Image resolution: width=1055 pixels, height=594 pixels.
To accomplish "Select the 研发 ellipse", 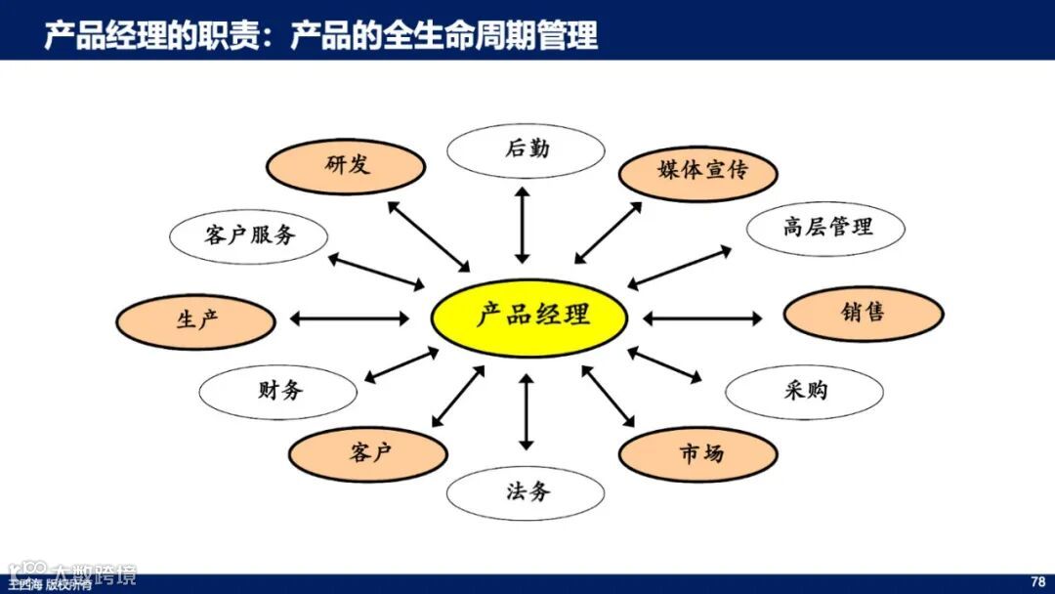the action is click(x=347, y=165).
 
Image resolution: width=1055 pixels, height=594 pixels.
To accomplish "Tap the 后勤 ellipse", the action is click(x=527, y=150).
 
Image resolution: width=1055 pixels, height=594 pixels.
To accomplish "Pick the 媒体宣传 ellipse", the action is click(x=698, y=171).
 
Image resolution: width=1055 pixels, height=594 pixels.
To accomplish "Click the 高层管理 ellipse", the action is click(x=826, y=228).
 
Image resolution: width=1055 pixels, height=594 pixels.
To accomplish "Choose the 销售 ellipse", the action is click(x=863, y=313).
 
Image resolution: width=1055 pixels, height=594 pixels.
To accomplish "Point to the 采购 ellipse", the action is click(x=804, y=391).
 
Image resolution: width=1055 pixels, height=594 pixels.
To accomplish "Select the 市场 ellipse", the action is click(x=698, y=453).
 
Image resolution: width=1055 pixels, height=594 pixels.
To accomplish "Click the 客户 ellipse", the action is click(x=368, y=453).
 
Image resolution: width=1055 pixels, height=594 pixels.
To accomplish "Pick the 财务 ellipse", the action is click(x=279, y=391).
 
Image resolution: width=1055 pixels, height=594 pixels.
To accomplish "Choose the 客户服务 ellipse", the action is click(x=249, y=234).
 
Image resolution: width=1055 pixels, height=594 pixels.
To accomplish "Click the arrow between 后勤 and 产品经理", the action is click(x=523, y=225).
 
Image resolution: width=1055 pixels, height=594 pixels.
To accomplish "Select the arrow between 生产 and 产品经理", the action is click(x=350, y=318).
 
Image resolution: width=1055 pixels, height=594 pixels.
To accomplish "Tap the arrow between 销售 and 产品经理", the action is click(x=702, y=318).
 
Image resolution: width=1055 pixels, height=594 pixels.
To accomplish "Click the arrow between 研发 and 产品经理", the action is click(x=429, y=235).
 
